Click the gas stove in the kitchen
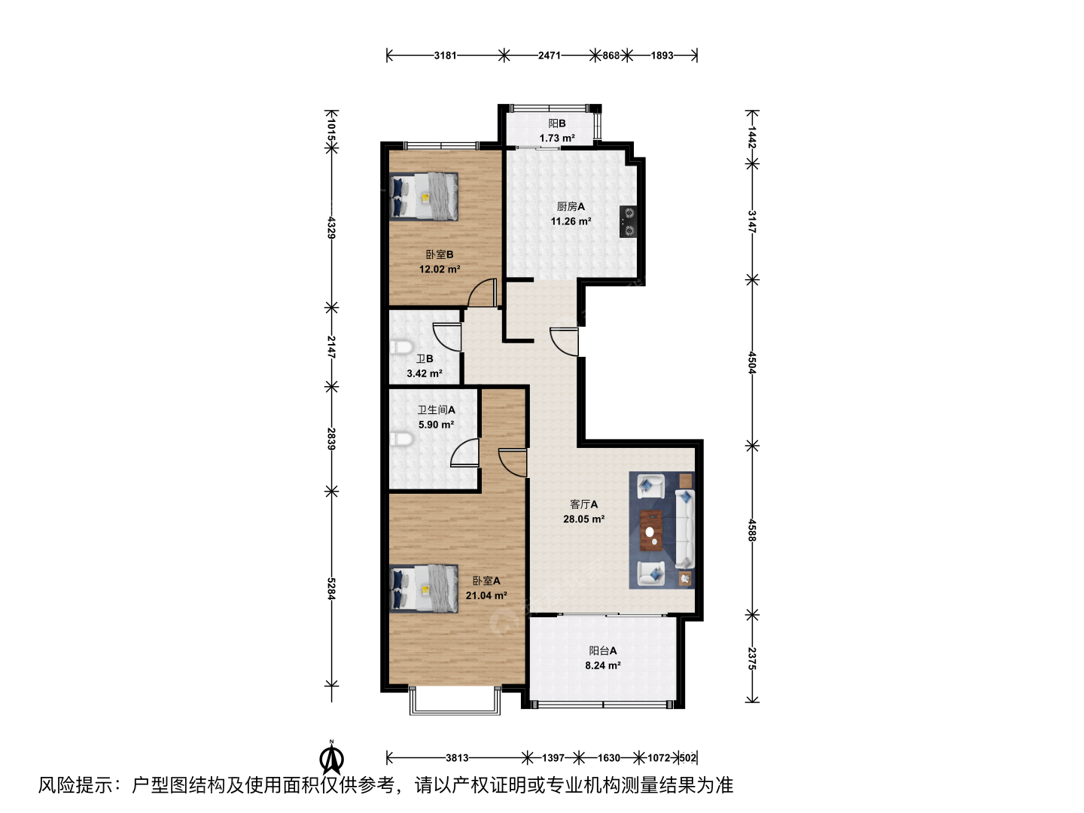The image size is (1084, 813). [x=628, y=221]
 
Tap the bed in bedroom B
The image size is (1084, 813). [x=424, y=196]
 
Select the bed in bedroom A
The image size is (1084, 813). [x=424, y=589]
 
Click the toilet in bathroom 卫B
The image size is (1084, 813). [x=401, y=347]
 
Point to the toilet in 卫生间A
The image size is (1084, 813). [x=401, y=440]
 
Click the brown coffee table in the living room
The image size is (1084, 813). [x=651, y=530]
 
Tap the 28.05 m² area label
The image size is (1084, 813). [x=583, y=519]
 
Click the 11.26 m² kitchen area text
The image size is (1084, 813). [x=571, y=221]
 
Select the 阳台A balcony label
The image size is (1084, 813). [x=602, y=650]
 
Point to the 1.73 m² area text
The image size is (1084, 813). [x=557, y=139]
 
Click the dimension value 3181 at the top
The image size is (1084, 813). [x=445, y=55]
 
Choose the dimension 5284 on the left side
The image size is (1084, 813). [x=331, y=589]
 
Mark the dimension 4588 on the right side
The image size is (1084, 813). [x=751, y=530]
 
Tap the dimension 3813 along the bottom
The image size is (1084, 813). [x=457, y=758]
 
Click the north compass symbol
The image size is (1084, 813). [x=332, y=759]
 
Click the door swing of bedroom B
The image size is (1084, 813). [x=482, y=292]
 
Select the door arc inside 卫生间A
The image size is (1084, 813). [x=464, y=452]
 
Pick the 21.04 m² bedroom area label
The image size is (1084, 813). [x=486, y=595]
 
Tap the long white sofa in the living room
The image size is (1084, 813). [x=685, y=528]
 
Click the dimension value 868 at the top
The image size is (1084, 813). [x=611, y=55]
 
